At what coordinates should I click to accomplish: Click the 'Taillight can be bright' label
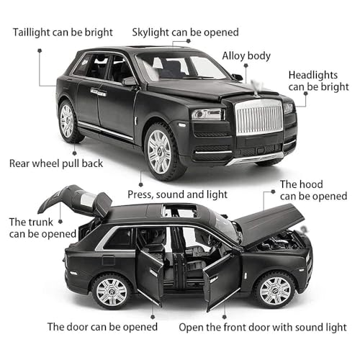click(x=63, y=32)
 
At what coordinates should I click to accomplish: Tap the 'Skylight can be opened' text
click(x=185, y=32)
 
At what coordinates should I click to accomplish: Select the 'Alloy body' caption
click(x=246, y=55)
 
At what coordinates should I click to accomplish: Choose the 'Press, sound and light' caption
click(x=179, y=194)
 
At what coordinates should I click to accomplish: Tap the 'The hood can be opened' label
click(x=312, y=190)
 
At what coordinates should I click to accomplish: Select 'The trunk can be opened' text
click(x=42, y=228)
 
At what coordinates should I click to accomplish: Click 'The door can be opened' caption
click(x=102, y=326)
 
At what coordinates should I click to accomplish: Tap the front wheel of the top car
click(x=160, y=151)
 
